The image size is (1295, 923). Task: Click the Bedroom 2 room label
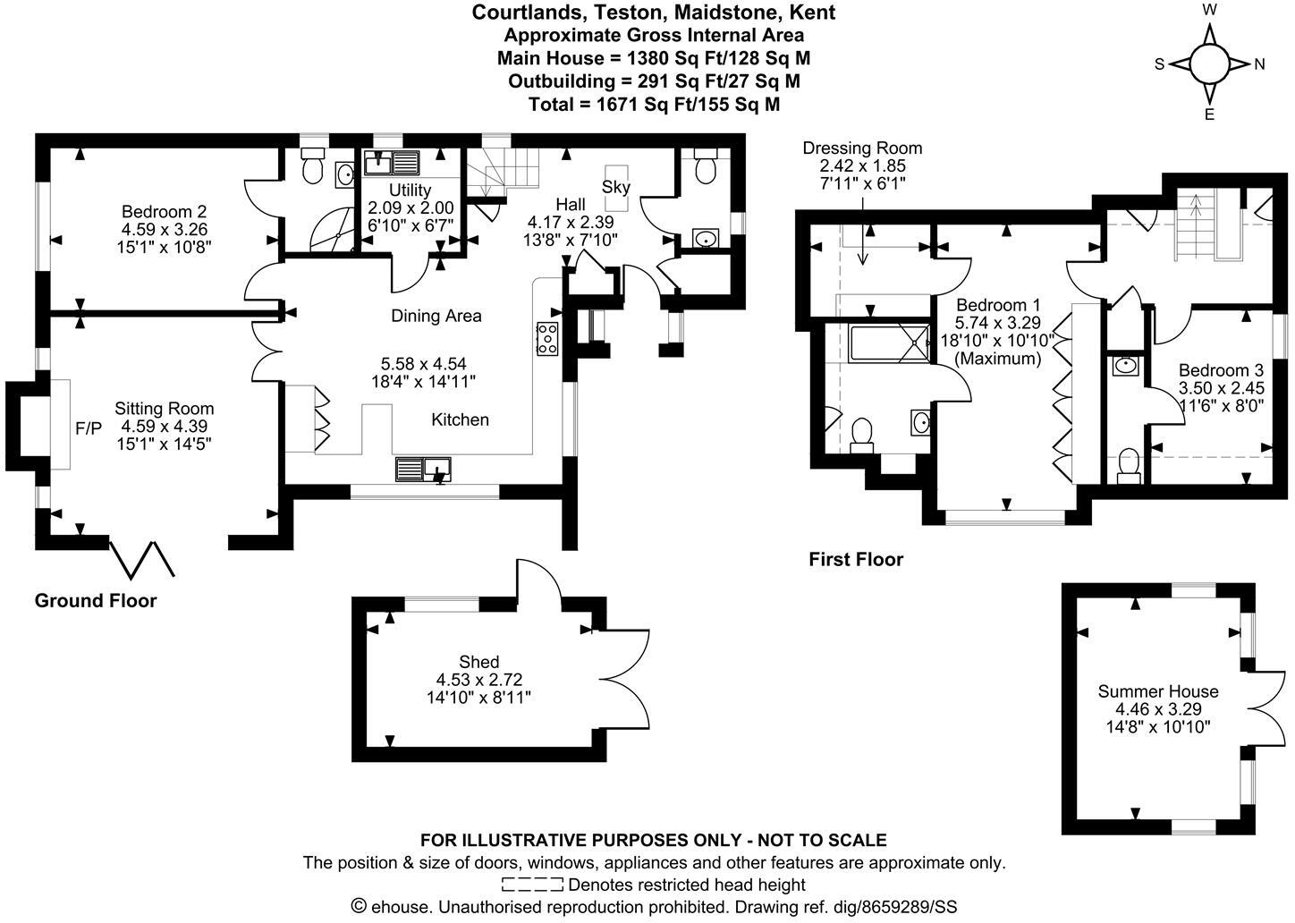[165, 212]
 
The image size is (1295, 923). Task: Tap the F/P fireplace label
[89, 428]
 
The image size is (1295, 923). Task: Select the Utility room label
[410, 191]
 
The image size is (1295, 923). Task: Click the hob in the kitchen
[547, 338]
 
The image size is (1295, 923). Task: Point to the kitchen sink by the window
[423, 469]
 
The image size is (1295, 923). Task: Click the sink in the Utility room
[392, 163]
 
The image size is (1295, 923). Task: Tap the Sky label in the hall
[615, 188]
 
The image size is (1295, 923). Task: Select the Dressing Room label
[862, 148]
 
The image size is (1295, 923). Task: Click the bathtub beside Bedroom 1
[889, 343]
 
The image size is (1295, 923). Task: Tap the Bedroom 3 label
[1221, 370]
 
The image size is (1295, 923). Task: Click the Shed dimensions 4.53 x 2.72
[478, 680]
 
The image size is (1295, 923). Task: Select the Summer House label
[1158, 691]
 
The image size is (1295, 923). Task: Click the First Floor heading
[856, 559]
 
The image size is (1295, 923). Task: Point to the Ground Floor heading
[96, 600]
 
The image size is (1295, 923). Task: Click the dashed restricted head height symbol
[532, 885]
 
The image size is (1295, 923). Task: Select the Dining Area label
[436, 316]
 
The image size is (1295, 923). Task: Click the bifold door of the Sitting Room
[142, 559]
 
